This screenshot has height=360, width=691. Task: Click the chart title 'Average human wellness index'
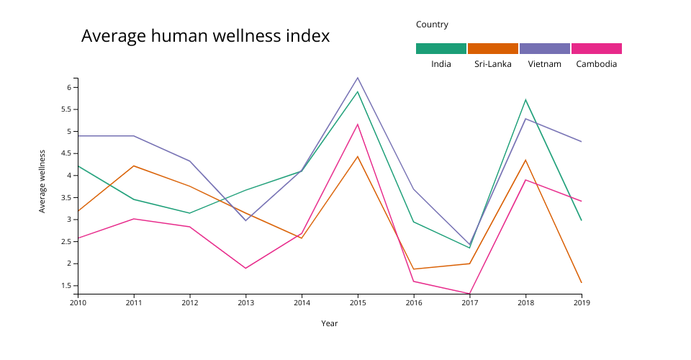click(205, 36)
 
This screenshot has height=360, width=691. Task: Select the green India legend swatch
click(441, 49)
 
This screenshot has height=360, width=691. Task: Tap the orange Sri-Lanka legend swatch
click(493, 49)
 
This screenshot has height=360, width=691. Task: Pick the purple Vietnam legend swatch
click(545, 49)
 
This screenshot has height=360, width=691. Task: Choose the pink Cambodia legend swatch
click(597, 49)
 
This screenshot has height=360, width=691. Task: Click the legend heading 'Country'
click(432, 24)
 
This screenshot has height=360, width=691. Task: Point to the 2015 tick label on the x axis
click(358, 303)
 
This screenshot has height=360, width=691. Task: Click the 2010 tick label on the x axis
click(78, 303)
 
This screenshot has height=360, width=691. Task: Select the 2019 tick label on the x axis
click(582, 303)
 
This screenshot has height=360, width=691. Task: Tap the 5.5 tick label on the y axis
click(65, 109)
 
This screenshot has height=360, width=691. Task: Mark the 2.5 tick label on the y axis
click(65, 241)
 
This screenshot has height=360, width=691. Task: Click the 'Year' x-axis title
click(330, 323)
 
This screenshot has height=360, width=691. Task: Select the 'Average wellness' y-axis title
click(42, 181)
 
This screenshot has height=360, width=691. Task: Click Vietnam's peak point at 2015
click(358, 78)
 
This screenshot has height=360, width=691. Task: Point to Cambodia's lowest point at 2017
click(469, 294)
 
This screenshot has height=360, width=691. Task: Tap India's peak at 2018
click(525, 99)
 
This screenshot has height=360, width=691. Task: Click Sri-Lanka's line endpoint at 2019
click(582, 283)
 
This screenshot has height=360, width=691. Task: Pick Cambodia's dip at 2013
click(245, 269)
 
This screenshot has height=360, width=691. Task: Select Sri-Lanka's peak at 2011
click(134, 166)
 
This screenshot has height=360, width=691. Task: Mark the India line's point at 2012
click(189, 213)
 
